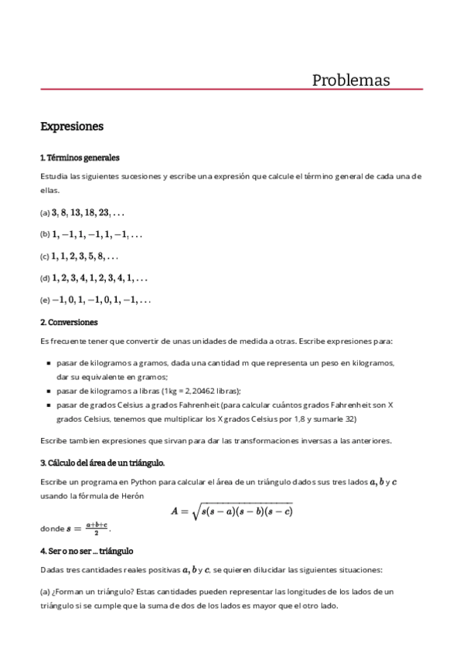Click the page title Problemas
click(x=350, y=80)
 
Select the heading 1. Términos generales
click(x=80, y=158)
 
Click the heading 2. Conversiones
click(x=68, y=321)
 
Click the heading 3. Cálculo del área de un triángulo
click(x=103, y=463)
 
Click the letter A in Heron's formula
click(x=175, y=511)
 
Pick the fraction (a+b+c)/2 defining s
click(x=97, y=529)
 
